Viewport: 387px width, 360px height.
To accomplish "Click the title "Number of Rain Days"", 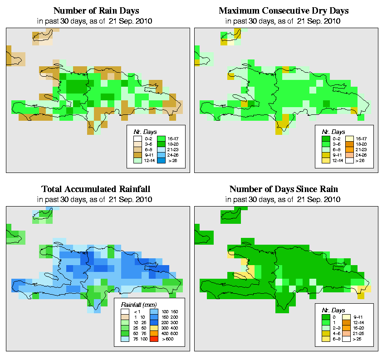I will click(96, 10).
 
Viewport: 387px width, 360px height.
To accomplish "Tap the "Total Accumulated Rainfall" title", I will click(96, 189).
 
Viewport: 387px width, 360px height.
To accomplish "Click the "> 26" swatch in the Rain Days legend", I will click(160, 161).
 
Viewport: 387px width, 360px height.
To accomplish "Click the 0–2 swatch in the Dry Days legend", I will click(324, 137).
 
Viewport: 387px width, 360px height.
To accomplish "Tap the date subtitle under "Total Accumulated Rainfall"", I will click(96, 199).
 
